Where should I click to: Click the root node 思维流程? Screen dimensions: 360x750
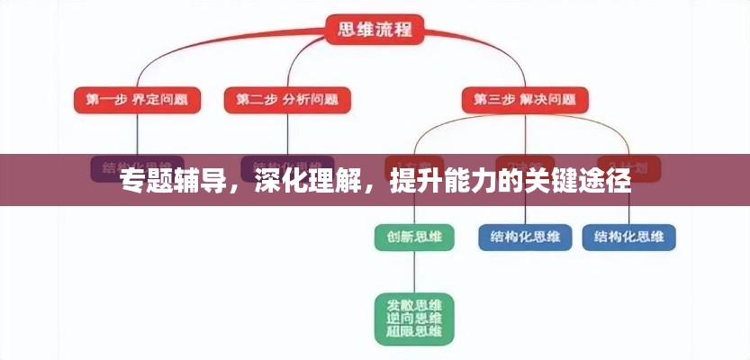[x=375, y=30]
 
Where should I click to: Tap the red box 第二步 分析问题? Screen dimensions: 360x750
[x=287, y=99]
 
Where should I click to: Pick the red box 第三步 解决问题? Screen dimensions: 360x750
[x=525, y=99]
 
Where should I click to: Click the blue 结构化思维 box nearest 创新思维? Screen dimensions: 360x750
[x=525, y=238]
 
